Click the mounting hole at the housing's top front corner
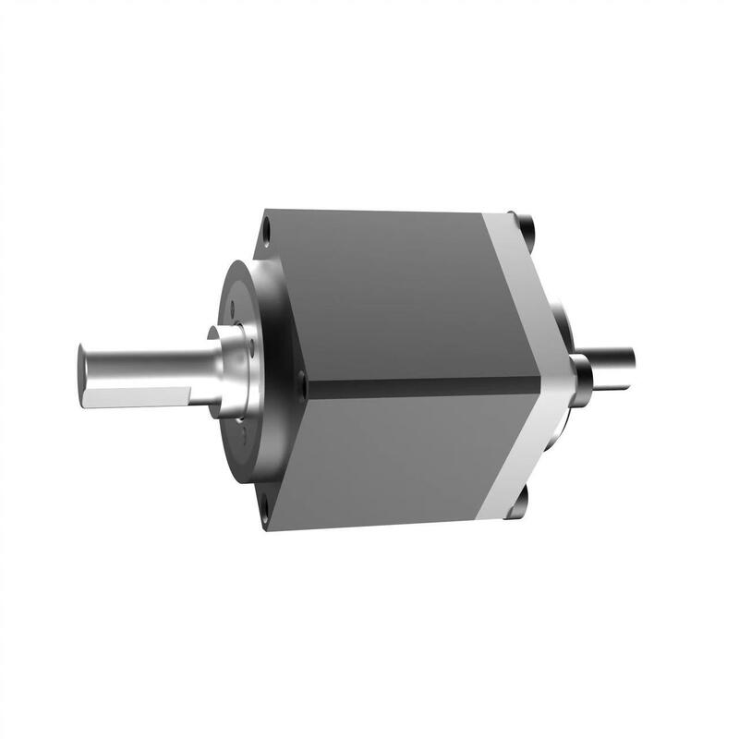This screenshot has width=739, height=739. click(x=266, y=224)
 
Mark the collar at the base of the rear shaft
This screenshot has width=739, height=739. click(x=582, y=374)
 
